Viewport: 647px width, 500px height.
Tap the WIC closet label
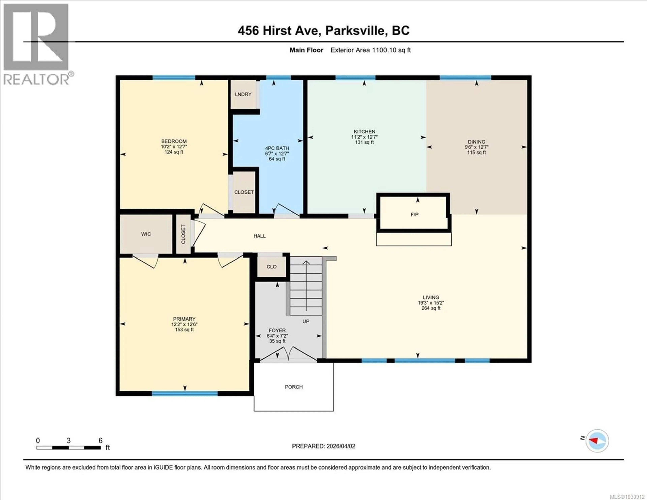click(x=146, y=234)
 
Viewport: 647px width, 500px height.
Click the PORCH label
click(x=294, y=387)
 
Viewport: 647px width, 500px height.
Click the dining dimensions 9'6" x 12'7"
click(x=476, y=147)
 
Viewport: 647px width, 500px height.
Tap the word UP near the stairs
click(x=306, y=321)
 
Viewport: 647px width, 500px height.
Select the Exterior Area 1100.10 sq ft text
click(x=370, y=50)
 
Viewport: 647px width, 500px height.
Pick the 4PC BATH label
click(x=277, y=148)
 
